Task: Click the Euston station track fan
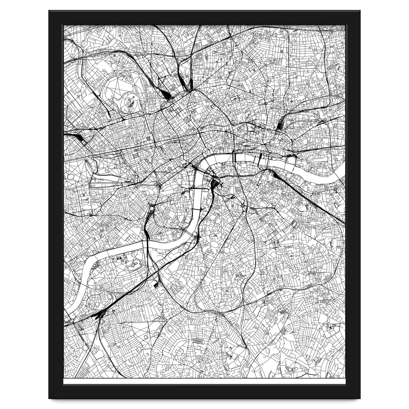[168, 96]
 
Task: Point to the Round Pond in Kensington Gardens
[71, 177]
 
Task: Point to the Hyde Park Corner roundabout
[160, 186]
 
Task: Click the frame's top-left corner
[50, 12]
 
